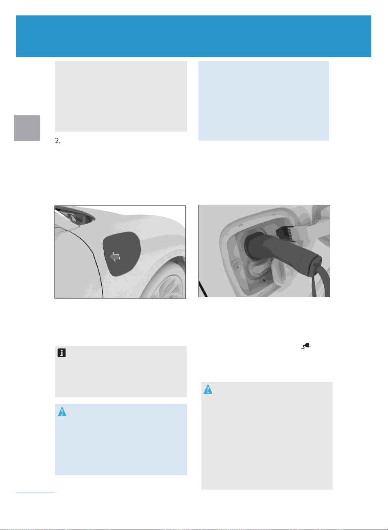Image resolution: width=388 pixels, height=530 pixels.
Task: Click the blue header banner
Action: (194, 36)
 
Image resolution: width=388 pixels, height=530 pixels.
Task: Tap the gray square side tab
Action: (27, 128)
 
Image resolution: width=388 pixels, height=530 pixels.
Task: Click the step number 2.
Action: (58, 141)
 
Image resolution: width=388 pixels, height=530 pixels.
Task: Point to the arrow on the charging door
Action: (115, 257)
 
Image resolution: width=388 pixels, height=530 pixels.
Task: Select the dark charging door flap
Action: (122, 254)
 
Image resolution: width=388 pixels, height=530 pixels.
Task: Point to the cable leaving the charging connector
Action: (321, 281)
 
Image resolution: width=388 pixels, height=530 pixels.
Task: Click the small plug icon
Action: (306, 346)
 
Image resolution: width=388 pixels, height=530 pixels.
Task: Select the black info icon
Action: (61, 353)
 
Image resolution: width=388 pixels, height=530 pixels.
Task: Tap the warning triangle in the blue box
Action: (62, 411)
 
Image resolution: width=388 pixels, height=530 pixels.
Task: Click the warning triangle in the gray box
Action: (208, 389)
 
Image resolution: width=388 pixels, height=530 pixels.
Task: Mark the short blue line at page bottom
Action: (35, 492)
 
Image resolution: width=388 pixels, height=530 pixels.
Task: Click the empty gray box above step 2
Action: (121, 96)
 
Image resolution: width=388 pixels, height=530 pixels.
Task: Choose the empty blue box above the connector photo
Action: (264, 101)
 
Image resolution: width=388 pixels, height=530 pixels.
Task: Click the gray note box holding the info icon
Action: (121, 372)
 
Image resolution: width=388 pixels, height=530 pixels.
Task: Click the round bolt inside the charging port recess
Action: (237, 267)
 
